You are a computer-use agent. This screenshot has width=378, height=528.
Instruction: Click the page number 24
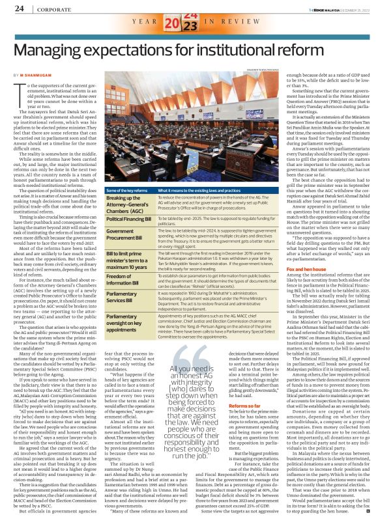pos(19,8)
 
